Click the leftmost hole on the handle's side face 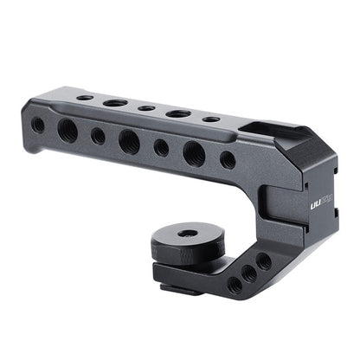38,125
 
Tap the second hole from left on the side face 67,130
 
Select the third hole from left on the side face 98,136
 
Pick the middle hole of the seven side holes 129,141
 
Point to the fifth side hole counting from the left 162,147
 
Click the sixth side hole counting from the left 195,153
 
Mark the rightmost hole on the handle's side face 228,160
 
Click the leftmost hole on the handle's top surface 85,98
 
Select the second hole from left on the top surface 115,103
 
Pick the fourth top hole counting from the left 179,113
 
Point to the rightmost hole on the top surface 211,119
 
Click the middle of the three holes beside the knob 249,273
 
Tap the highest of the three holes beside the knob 263,260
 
